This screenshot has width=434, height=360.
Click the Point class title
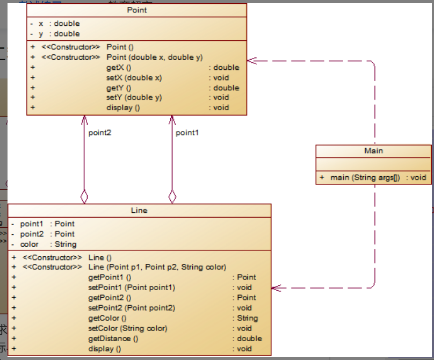coord(137,10)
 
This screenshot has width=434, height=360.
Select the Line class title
coord(139,211)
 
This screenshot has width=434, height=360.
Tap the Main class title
coord(374,151)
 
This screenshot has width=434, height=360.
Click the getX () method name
coord(119,68)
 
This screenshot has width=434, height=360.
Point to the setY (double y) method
coord(134,97)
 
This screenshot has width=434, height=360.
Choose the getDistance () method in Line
coord(113,339)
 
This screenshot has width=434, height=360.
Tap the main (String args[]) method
coord(365,177)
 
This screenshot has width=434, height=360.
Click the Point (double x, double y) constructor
coord(155,57)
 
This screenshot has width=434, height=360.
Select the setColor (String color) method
coord(128,328)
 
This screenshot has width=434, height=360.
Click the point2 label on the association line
coord(100,133)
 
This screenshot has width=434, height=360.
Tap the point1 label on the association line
coord(187,133)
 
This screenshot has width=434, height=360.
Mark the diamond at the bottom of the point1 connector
coord(172,197)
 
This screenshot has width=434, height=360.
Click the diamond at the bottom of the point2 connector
coord(84,197)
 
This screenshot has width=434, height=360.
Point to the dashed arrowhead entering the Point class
coord(251,61)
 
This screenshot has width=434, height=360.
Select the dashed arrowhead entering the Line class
coord(276,288)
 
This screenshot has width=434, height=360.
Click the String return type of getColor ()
coord(248,318)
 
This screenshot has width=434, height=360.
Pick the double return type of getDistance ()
coord(249,339)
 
